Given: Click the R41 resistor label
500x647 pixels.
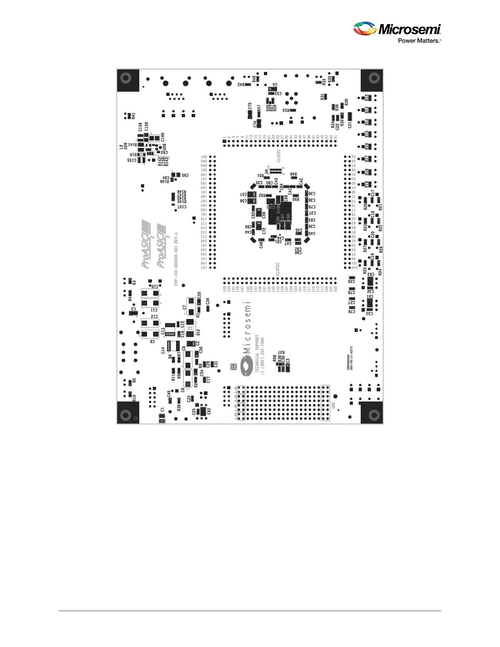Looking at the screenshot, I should pos(134,116).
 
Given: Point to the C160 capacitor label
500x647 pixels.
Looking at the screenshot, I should pos(163,137).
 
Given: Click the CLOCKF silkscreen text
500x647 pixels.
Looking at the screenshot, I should pos(279,156).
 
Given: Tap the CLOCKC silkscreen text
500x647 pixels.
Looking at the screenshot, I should pos(278,269).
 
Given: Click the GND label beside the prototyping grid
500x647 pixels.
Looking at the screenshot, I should pos(334,406).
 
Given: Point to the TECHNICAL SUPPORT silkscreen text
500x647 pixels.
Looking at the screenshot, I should pos(257,353).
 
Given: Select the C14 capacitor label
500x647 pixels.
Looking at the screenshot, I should pos(163,350).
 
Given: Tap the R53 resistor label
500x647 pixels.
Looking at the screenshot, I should pos(286,110).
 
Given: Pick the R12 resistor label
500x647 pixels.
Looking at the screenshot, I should pos(366,98).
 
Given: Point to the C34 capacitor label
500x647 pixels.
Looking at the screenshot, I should pos(208,301).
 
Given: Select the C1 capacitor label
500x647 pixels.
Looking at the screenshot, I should pos(162,410).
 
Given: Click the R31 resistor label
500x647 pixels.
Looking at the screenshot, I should pos(322,97).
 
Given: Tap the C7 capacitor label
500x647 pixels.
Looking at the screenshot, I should pos(185,307).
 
